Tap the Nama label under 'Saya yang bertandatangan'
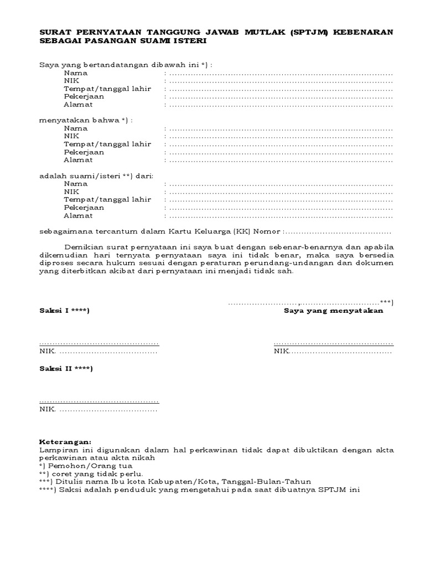[x=75, y=73]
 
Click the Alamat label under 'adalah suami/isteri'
[x=78, y=215]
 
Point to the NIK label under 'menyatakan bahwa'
[x=71, y=136]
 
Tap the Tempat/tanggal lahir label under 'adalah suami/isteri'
[x=107, y=199]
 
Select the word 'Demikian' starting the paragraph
[x=81, y=248]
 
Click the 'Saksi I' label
[x=64, y=311]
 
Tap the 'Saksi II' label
[x=66, y=369]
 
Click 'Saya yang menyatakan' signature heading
[x=333, y=311]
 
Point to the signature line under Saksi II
[x=99, y=401]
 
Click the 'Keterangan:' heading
[x=65, y=442]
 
